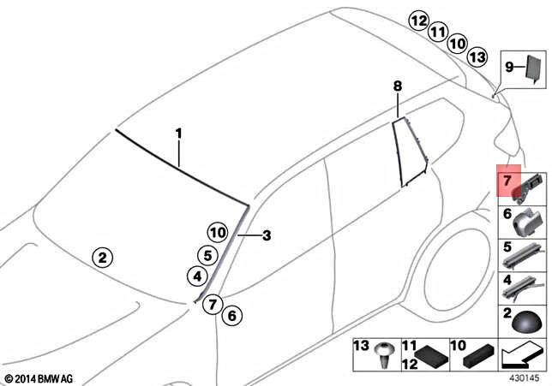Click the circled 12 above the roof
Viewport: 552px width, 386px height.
pyautogui.click(x=418, y=21)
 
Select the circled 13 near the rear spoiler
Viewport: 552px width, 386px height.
pyautogui.click(x=477, y=56)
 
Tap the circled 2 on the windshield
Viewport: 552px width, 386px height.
pyautogui.click(x=102, y=256)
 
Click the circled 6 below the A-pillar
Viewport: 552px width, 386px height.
pyautogui.click(x=229, y=316)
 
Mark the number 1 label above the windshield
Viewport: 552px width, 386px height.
pyautogui.click(x=179, y=134)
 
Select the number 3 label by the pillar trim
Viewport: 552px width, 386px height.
pyautogui.click(x=267, y=235)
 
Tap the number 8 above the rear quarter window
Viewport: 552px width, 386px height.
pyautogui.click(x=397, y=86)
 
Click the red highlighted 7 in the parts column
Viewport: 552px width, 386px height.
pyautogui.click(x=507, y=181)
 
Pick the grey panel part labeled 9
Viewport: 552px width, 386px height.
pyautogui.click(x=533, y=68)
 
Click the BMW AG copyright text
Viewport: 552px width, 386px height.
pyautogui.click(x=39, y=377)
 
